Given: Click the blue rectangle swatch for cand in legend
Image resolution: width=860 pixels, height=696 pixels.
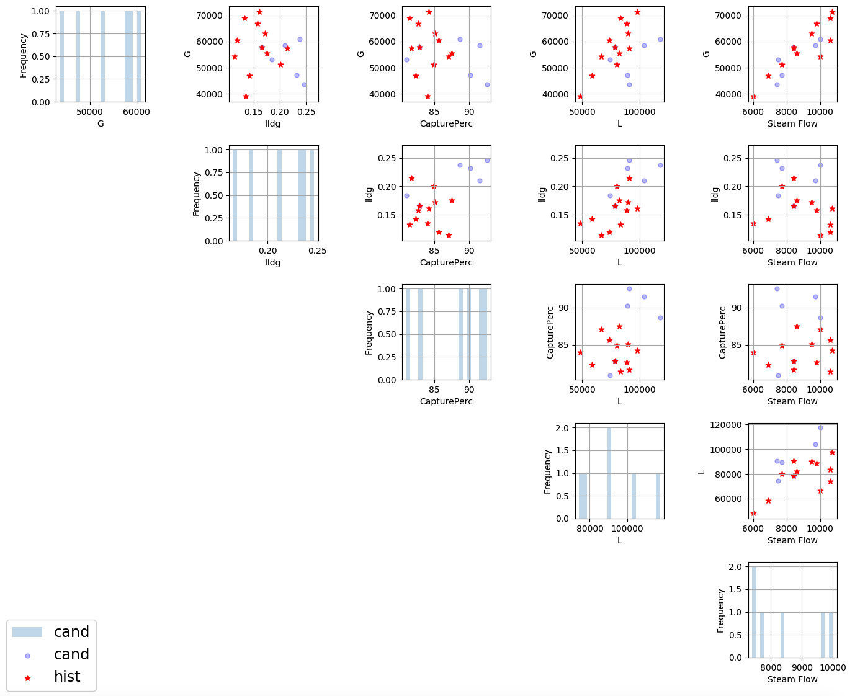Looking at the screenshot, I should [x=27, y=632].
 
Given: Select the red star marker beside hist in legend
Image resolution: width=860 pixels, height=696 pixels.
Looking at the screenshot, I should [x=27, y=678].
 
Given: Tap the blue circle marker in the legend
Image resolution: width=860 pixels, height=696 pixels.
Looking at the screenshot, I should [x=27, y=656].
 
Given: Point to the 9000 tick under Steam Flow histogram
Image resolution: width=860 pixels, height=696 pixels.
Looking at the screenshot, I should [x=802, y=667].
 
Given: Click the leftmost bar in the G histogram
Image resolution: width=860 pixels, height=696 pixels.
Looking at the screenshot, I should [x=62, y=56].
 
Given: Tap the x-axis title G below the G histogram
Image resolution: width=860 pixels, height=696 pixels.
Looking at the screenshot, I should [x=101, y=123].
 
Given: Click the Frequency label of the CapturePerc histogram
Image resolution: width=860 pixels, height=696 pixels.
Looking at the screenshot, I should [x=369, y=332].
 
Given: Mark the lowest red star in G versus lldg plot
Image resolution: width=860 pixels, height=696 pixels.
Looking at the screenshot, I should [x=246, y=96].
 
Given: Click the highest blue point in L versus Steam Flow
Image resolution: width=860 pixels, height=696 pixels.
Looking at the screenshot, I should [x=820, y=427].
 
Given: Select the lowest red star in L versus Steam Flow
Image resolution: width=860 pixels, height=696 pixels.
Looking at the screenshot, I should [x=753, y=513].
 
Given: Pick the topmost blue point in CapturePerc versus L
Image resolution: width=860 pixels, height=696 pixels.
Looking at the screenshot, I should [x=629, y=288].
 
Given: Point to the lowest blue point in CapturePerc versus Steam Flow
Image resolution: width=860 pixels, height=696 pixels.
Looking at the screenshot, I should [x=778, y=375].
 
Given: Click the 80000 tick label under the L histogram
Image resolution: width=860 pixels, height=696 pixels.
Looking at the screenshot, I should [x=589, y=529].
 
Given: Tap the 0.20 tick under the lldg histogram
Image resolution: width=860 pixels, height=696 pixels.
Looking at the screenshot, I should [x=267, y=251].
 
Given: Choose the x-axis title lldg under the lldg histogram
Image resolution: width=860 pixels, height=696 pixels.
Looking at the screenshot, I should [x=273, y=262].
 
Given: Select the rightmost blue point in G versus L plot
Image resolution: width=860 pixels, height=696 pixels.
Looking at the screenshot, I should [x=660, y=39].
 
